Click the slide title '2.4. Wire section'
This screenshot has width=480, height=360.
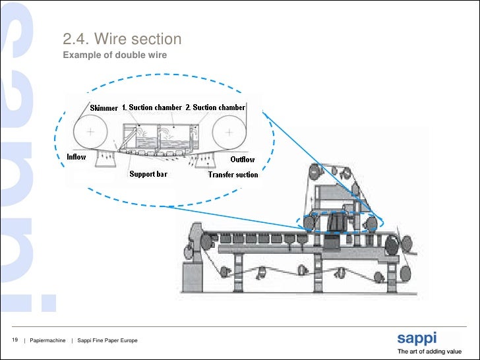click(x=122, y=40)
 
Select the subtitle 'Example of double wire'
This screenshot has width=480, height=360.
click(x=115, y=55)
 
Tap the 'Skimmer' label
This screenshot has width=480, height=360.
click(x=104, y=107)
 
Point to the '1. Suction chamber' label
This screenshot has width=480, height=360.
click(x=152, y=107)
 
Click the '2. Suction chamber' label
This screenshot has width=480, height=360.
click(x=215, y=107)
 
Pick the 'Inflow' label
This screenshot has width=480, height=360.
click(x=76, y=157)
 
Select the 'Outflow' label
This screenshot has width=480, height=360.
click(x=242, y=160)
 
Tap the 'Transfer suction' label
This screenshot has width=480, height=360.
click(x=233, y=175)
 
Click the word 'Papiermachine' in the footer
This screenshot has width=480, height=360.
click(x=47, y=340)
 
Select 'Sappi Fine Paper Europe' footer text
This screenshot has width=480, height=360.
click(x=107, y=340)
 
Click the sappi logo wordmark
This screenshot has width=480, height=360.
click(x=416, y=339)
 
